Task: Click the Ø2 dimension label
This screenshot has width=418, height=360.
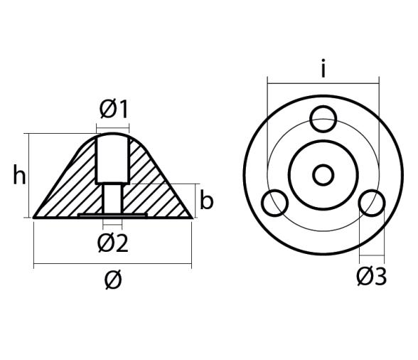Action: [x=112, y=243]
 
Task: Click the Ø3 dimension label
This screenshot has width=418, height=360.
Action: [x=371, y=275]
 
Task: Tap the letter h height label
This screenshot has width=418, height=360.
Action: [x=19, y=175]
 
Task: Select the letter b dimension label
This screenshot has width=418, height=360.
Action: [x=206, y=201]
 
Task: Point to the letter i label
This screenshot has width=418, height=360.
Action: [x=323, y=69]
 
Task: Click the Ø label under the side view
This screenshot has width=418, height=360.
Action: [x=112, y=280]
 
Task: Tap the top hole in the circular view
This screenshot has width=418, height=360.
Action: [x=324, y=117]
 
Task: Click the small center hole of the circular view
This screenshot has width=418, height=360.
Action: [x=323, y=174]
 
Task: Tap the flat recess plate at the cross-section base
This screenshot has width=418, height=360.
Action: [x=112, y=213]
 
